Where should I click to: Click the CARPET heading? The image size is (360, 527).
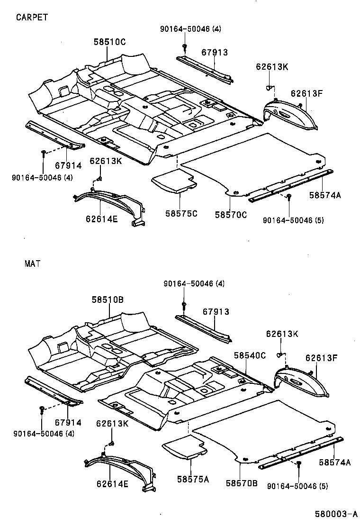coord(32,17)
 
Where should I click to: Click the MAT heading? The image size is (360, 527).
coord(32,263)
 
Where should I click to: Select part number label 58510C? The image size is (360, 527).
coord(109,42)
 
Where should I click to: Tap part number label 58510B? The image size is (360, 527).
coord(108,300)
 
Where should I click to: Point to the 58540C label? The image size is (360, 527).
coord(250,355)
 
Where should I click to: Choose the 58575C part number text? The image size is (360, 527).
coord(181,213)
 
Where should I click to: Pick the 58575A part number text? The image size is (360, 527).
coord(193,479)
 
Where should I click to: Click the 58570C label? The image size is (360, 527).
coord(231,215)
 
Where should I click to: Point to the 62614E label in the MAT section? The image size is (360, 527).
coord(112,484)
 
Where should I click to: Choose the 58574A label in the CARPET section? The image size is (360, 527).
coord(325,195)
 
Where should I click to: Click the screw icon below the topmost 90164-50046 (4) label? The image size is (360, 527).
coord(183,47)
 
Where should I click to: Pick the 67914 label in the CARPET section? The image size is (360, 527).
coord(68,165)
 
